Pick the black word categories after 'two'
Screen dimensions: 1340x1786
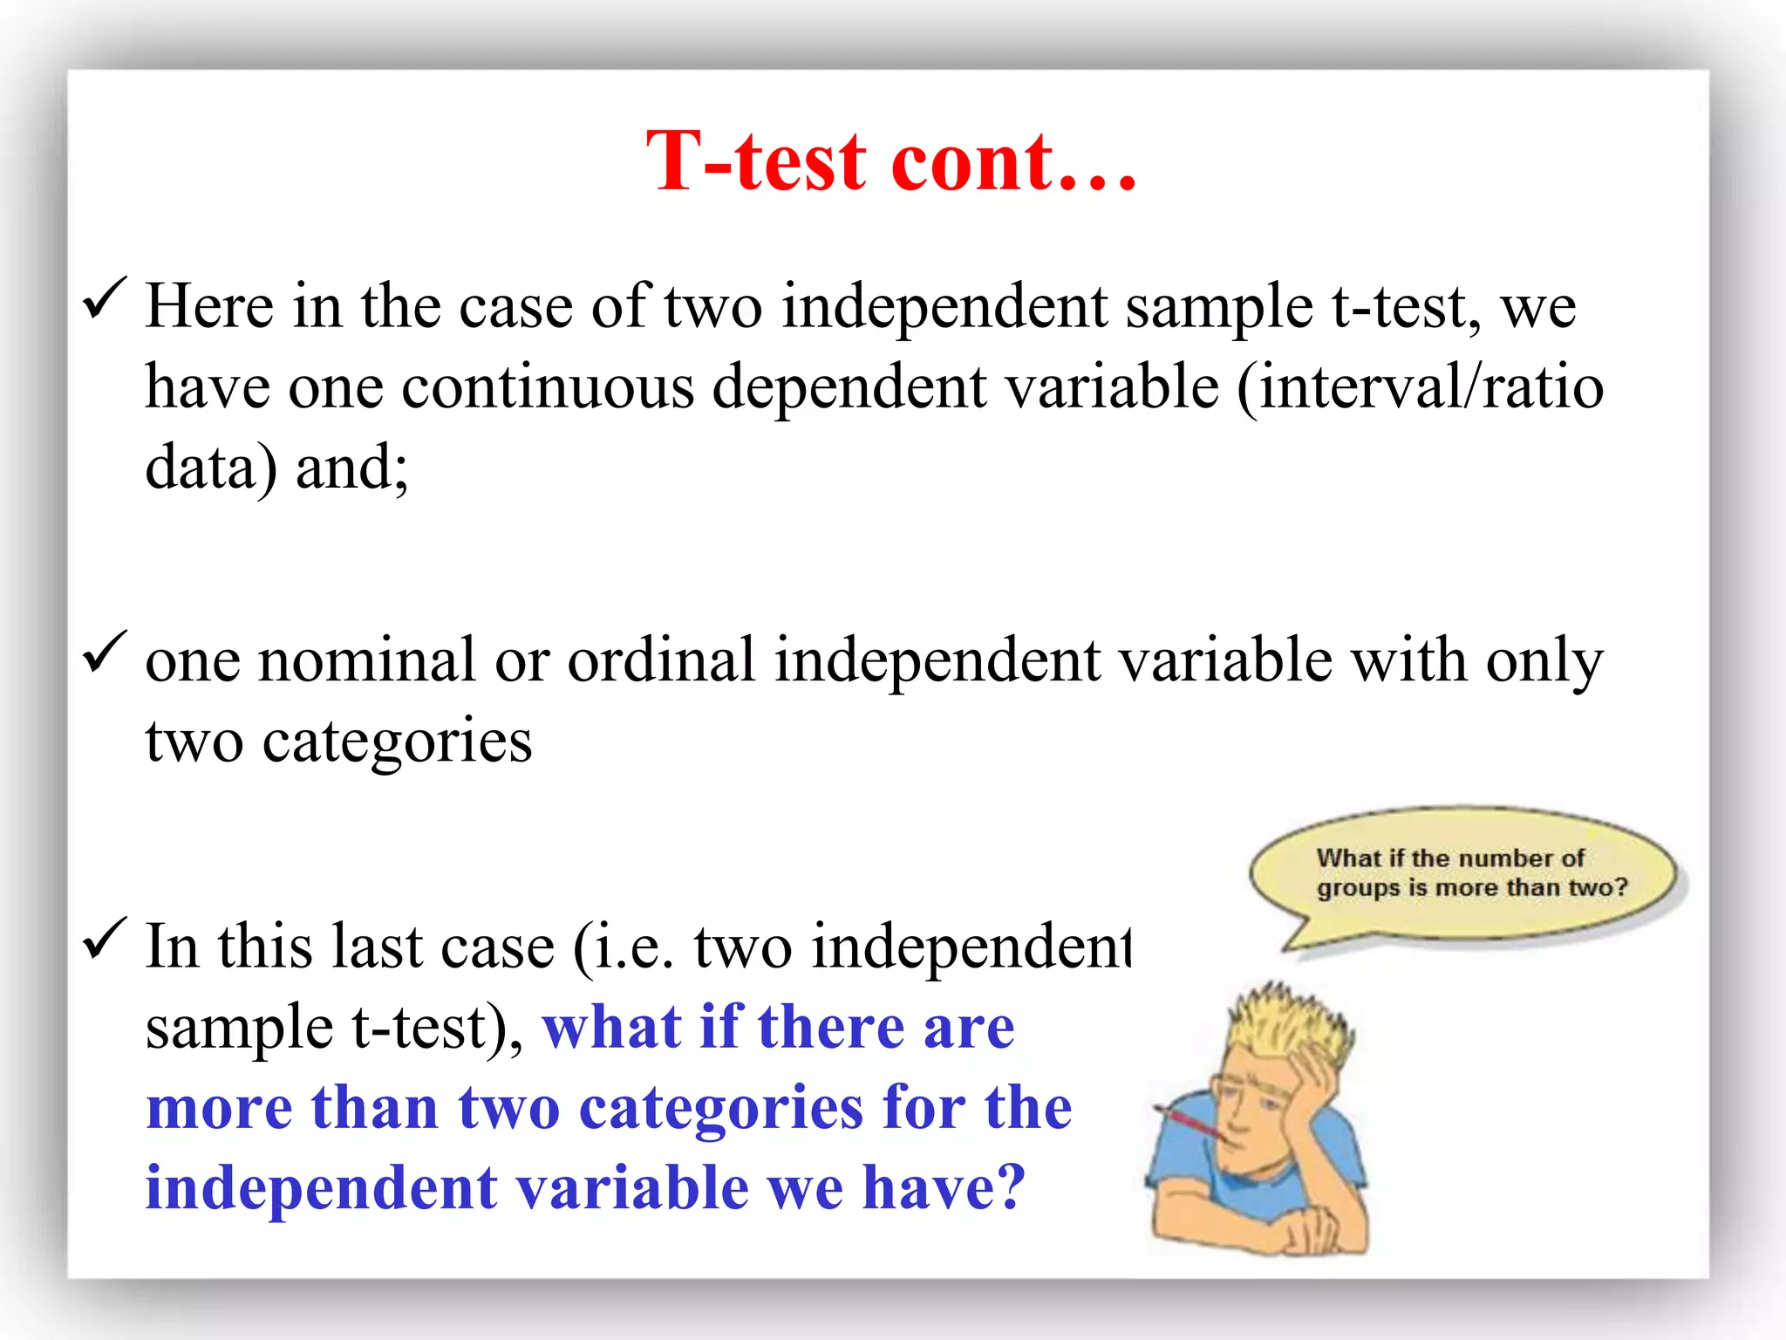click(397, 742)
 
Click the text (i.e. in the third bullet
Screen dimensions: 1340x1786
click(623, 947)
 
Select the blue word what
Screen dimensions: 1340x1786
click(611, 1027)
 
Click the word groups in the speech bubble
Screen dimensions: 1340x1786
click(1358, 888)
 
